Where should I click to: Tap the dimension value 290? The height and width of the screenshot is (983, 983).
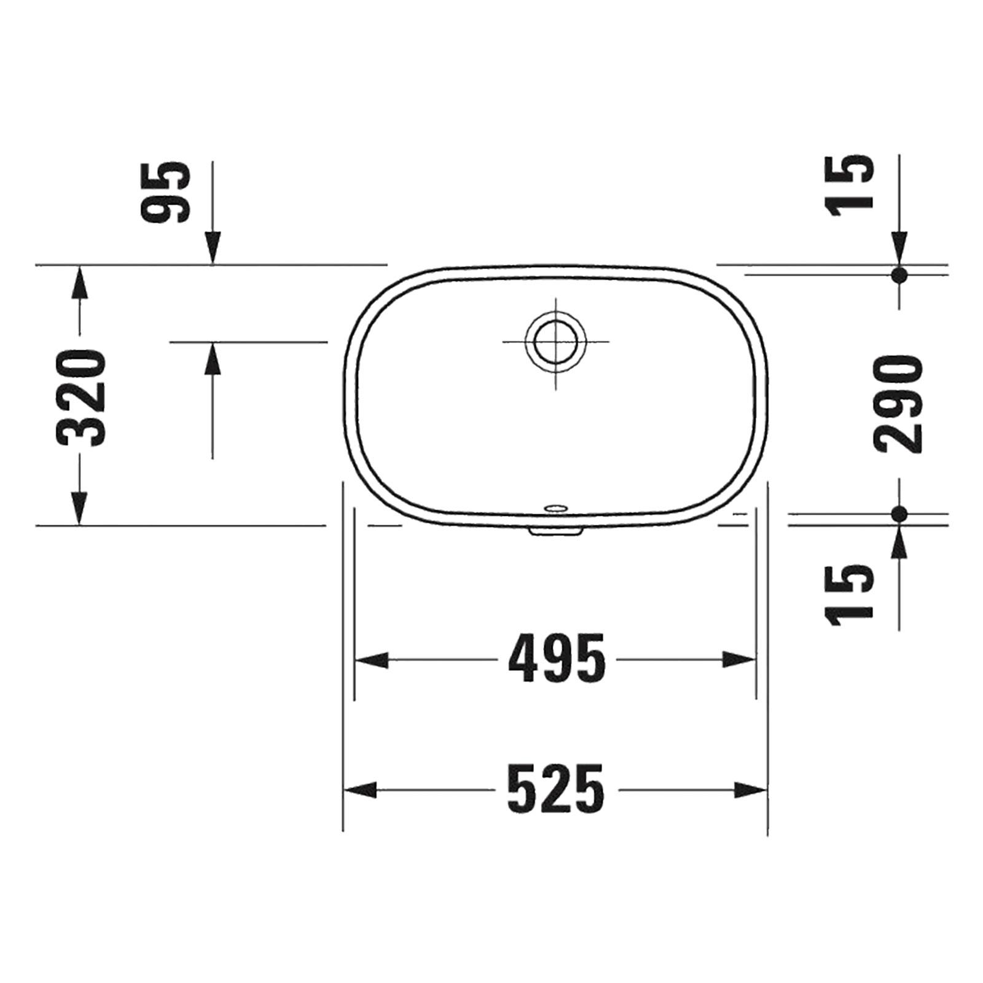pos(901,404)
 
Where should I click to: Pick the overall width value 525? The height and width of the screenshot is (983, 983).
pos(557,789)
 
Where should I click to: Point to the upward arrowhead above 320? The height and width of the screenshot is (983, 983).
pos(79,283)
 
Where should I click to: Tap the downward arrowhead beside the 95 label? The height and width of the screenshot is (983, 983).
pos(213,248)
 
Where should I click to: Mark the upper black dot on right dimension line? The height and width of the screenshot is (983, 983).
pos(899,275)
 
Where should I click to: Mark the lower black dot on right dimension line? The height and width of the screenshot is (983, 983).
pos(899,513)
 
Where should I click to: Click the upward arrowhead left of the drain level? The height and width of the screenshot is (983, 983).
pos(213,359)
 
